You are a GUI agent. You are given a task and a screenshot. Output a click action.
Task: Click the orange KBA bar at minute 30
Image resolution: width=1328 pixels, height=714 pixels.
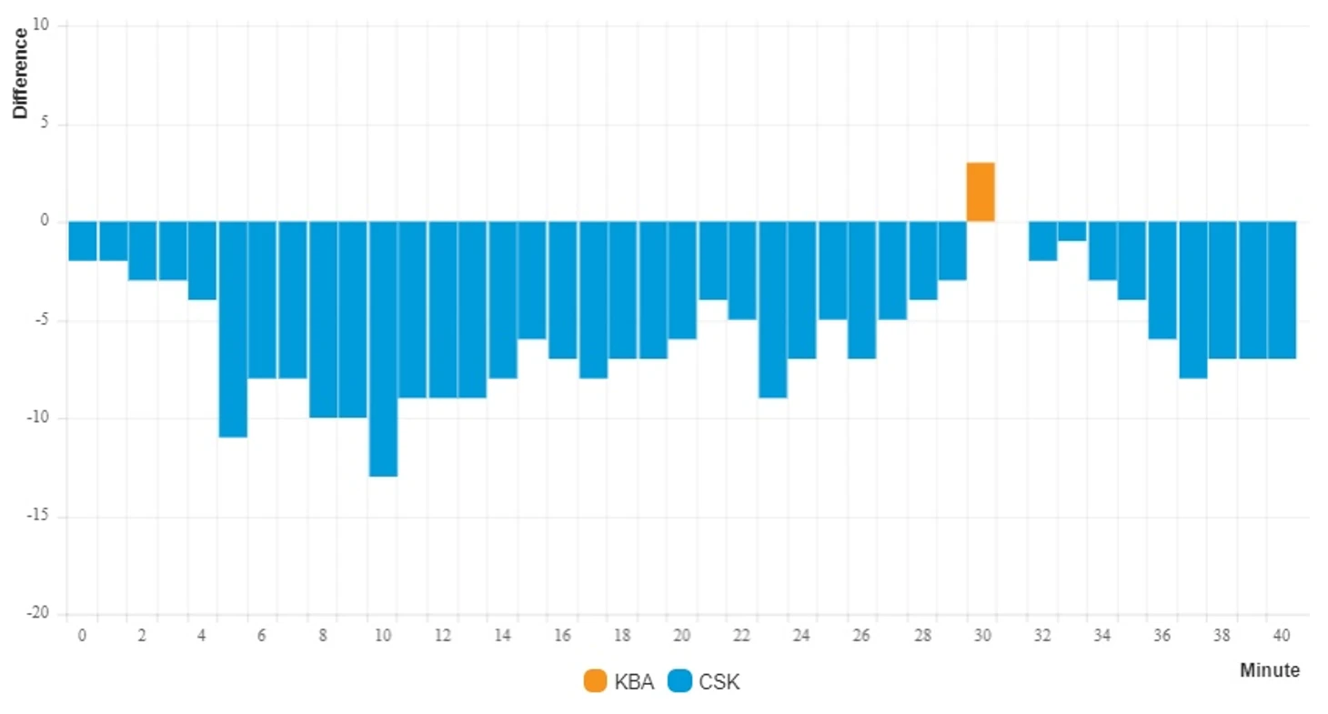pos(981,192)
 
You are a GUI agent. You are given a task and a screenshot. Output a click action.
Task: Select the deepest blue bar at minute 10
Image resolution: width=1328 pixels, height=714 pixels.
pos(383,348)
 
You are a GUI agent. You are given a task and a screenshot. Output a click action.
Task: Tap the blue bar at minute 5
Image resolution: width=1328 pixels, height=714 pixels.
pos(233,329)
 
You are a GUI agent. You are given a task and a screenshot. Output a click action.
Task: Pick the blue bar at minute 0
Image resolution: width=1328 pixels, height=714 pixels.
pos(83,241)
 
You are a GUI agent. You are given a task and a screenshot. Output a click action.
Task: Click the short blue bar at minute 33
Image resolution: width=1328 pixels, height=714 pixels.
pos(1071,231)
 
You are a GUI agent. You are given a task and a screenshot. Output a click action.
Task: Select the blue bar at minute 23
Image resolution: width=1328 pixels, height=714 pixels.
pos(772,309)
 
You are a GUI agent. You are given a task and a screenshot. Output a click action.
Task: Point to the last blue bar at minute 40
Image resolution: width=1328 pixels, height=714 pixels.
pos(1281,290)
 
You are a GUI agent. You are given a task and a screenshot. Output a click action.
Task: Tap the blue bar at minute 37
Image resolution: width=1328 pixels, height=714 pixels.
pos(1192,300)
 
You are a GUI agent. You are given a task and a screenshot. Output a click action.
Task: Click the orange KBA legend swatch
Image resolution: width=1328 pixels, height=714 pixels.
pos(595,681)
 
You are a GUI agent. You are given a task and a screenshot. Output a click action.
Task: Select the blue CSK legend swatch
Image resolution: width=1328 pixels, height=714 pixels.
pos(679,681)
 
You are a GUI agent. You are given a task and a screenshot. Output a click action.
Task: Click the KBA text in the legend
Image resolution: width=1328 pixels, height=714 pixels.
pos(634,682)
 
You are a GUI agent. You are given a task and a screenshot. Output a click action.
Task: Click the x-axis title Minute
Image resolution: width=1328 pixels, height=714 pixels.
pos(1269,670)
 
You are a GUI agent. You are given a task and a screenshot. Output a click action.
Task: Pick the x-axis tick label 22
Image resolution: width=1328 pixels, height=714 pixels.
pos(741,636)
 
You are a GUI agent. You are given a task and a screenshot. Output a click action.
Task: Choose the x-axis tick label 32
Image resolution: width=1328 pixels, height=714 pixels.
pos(1041,636)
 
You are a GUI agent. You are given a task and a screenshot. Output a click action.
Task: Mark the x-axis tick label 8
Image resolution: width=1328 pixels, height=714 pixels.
pos(323,636)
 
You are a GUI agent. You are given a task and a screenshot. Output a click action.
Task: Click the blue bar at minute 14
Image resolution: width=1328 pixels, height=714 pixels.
pos(502,299)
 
